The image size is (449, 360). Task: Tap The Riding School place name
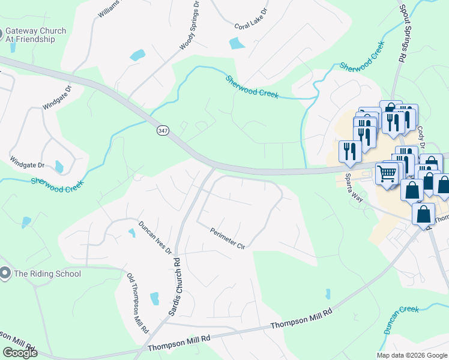47,274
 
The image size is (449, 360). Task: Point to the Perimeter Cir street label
228,238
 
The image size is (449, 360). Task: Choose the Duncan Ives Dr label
155,237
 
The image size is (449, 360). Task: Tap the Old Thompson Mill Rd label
137,303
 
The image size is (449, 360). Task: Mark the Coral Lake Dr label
251,26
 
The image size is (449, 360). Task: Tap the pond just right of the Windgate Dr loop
58,166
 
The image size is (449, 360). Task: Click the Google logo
19,353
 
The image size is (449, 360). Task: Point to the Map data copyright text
412,355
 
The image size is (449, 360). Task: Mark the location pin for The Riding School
5,274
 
